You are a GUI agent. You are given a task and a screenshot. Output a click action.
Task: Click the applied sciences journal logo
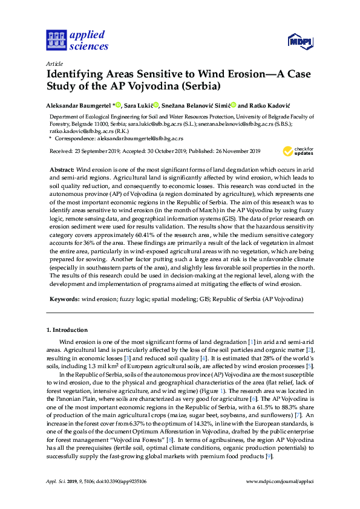(77, 40)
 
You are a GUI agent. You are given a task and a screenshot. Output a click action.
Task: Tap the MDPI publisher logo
(302, 41)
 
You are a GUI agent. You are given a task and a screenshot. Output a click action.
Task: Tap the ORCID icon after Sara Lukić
(156, 105)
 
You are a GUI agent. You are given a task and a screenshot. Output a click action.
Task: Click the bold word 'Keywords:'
(64, 299)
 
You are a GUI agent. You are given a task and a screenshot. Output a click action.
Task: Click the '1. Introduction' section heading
(67, 330)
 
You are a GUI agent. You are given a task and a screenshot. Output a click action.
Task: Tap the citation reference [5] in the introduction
(310, 366)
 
